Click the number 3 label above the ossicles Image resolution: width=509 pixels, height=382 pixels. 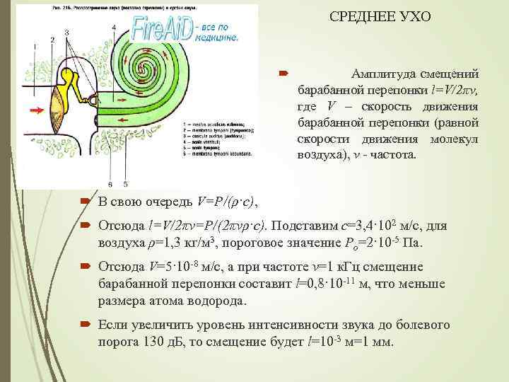click(66, 32)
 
